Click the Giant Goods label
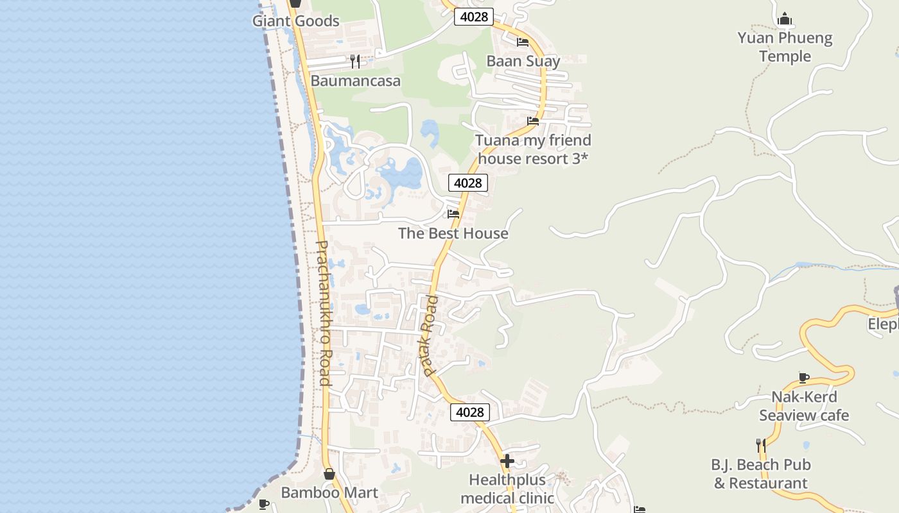point(295,21)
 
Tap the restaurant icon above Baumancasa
point(355,62)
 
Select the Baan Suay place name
point(523,61)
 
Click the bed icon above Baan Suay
point(523,42)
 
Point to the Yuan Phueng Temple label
point(785,47)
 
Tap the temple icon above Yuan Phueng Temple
point(785,19)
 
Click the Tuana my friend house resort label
point(533,149)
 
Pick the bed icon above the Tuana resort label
point(533,121)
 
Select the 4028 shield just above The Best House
point(467,183)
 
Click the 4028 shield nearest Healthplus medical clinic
point(469,412)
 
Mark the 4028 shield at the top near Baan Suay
point(474,17)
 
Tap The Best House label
point(453,233)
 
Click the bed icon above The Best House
point(453,214)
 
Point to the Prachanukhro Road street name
point(324,313)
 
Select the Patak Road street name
point(429,335)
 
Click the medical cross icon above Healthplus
point(507,461)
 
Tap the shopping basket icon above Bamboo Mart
point(329,475)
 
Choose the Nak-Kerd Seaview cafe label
point(804,406)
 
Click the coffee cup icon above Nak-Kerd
point(803,378)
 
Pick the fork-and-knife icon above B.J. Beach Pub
point(761,445)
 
